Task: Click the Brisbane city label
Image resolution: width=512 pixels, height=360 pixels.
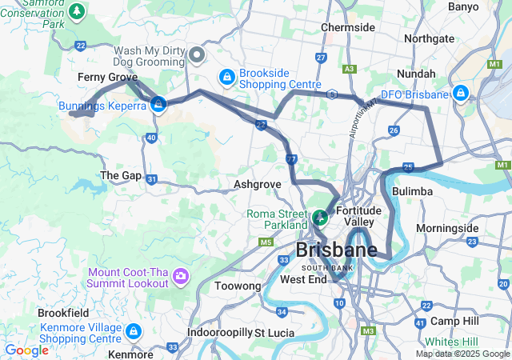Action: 336,250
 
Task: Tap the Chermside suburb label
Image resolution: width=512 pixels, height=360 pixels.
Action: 348,27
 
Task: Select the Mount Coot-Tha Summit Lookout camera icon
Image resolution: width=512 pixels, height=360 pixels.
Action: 181,277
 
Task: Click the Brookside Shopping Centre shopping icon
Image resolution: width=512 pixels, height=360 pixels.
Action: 227,77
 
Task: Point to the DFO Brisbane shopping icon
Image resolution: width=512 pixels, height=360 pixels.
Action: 461,94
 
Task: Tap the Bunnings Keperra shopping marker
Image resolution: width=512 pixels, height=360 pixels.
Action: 158,105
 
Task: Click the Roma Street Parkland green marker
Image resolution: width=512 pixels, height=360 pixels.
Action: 320,216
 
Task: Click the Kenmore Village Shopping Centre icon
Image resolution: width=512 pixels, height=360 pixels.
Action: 133,330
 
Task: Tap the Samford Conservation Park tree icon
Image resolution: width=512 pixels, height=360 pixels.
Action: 77,11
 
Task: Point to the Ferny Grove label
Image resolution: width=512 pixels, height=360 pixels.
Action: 107,77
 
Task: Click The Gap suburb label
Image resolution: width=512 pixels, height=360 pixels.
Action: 120,175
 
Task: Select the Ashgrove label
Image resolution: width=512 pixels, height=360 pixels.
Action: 258,184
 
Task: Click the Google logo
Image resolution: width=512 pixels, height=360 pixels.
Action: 26,350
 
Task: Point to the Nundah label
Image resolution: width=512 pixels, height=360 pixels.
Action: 416,74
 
